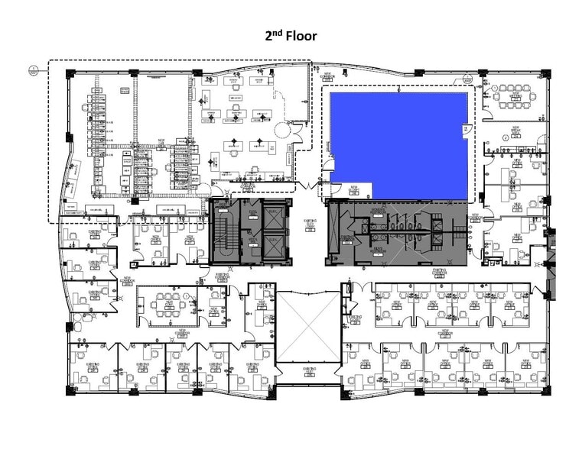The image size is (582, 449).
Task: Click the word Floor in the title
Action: (301, 35)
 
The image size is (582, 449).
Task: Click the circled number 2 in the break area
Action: (505, 138)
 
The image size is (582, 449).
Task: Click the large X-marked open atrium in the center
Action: (307, 327)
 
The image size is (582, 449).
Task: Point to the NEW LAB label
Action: (161, 142)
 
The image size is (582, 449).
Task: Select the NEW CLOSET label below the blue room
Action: (355, 190)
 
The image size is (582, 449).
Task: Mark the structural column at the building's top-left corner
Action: (70, 74)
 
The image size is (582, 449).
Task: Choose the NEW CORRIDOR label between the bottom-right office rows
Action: (444, 334)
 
